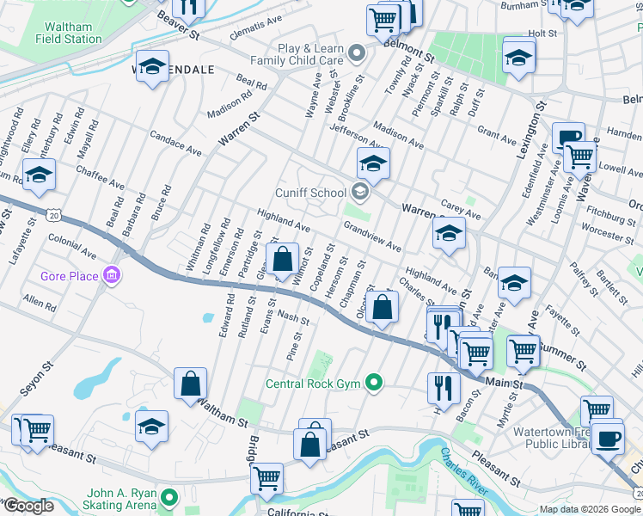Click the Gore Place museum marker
111,276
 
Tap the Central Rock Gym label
314,384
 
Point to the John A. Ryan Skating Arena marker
169,497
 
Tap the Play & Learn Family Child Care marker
359,54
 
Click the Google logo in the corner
28,506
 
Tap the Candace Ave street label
175,144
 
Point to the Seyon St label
36,377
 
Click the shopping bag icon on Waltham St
190,384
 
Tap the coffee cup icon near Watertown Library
608,437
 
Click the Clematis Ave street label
256,28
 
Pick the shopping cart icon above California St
267,476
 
